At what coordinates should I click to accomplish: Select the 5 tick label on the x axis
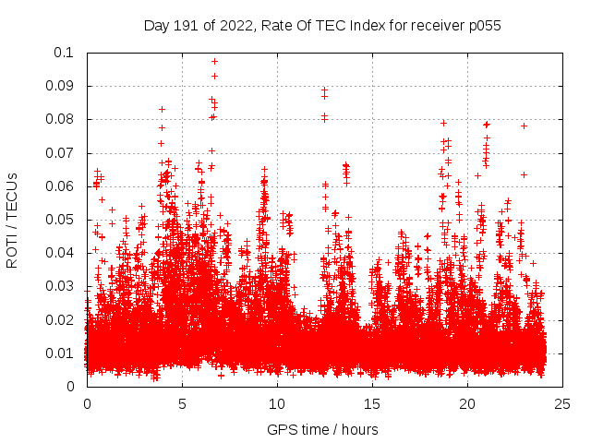[x=182, y=403]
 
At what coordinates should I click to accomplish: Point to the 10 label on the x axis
[x=277, y=403]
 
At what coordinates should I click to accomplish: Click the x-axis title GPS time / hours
[x=322, y=429]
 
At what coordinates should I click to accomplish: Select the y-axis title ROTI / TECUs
[x=12, y=220]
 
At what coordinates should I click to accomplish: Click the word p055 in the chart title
[x=483, y=26]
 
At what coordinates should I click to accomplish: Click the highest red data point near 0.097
[x=214, y=62]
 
